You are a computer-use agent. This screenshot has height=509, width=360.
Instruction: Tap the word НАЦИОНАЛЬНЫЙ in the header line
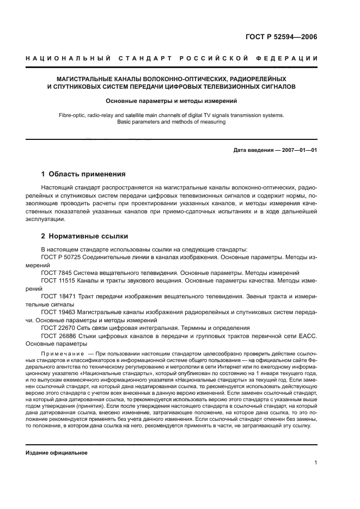point(65,58)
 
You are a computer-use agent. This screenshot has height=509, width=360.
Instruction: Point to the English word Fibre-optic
point(73,115)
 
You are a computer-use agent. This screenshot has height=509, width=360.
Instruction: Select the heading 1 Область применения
point(83,175)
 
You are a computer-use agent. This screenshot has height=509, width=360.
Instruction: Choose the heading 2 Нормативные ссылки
point(85,236)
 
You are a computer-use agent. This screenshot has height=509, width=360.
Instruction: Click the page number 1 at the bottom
point(316,463)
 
